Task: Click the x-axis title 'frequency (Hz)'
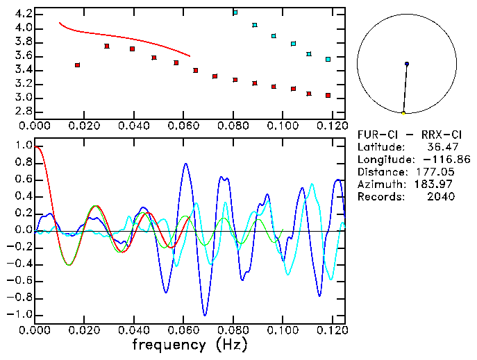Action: click(189, 344)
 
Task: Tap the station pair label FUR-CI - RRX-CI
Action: click(406, 134)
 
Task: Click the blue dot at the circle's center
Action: click(407, 64)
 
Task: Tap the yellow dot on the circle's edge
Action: click(403, 112)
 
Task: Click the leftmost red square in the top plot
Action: click(77, 65)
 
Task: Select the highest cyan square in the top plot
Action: click(235, 12)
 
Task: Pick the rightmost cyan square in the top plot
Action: click(328, 60)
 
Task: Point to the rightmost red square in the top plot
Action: click(328, 95)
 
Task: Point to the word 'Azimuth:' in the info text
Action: click(380, 184)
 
